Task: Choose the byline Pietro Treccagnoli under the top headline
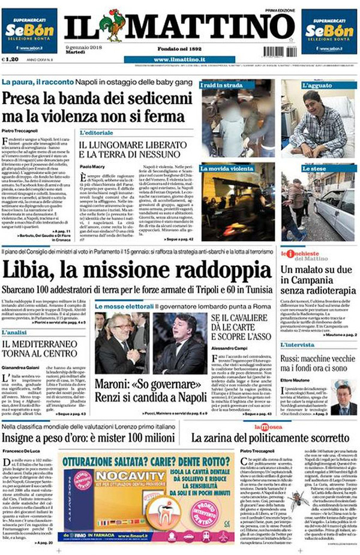coord(20,129)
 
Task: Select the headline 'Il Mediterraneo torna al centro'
coord(42,348)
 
